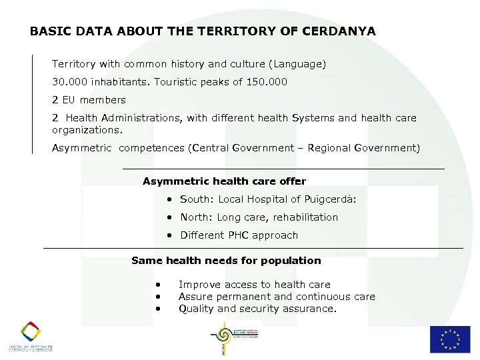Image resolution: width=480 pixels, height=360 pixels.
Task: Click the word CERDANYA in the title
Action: (339, 31)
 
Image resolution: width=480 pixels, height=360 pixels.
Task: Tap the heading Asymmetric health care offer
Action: (224, 181)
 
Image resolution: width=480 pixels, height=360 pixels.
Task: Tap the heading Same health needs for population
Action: (226, 261)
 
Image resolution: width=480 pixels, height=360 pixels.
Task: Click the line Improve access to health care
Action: (254, 285)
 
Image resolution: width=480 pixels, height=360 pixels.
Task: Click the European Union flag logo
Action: (449, 339)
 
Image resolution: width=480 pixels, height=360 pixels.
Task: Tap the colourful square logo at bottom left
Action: (30, 332)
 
